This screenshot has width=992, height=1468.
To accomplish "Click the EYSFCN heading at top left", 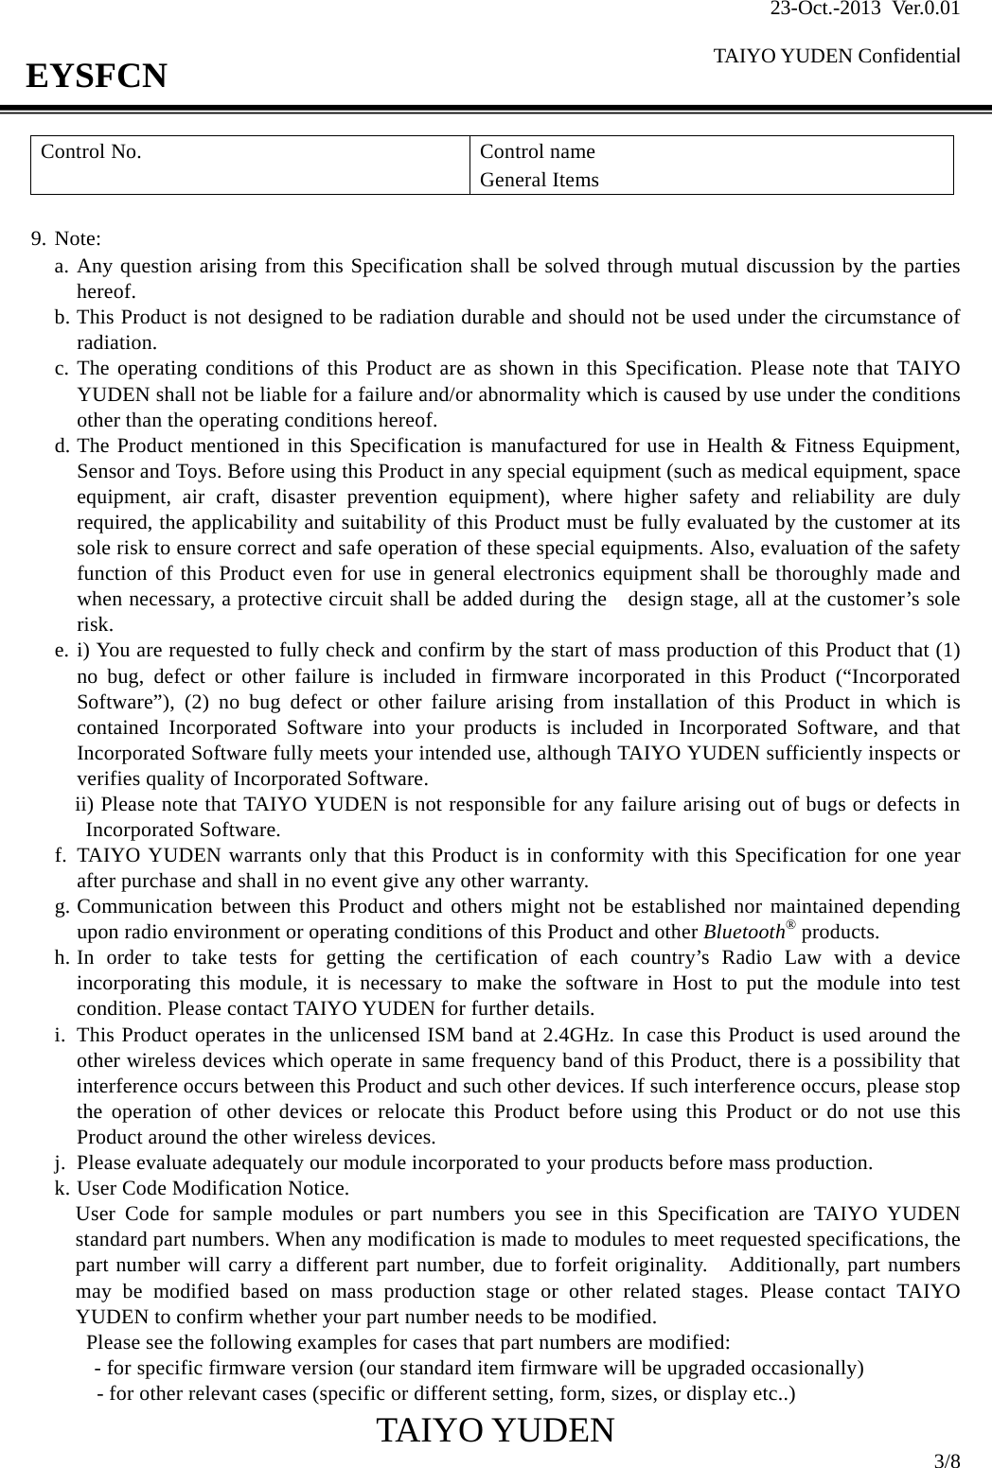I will [97, 75].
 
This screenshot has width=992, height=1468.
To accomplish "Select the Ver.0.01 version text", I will [929, 10].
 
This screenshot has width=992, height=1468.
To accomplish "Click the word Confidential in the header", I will [911, 57].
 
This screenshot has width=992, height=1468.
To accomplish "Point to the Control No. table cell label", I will [91, 151].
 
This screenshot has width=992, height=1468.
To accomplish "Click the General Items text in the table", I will [539, 180].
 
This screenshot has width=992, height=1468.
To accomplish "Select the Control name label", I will [538, 151].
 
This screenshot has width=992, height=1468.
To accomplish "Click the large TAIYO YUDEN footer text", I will [495, 1429].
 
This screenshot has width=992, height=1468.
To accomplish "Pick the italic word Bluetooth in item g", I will [744, 931].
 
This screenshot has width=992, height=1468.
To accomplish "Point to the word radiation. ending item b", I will [116, 342].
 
